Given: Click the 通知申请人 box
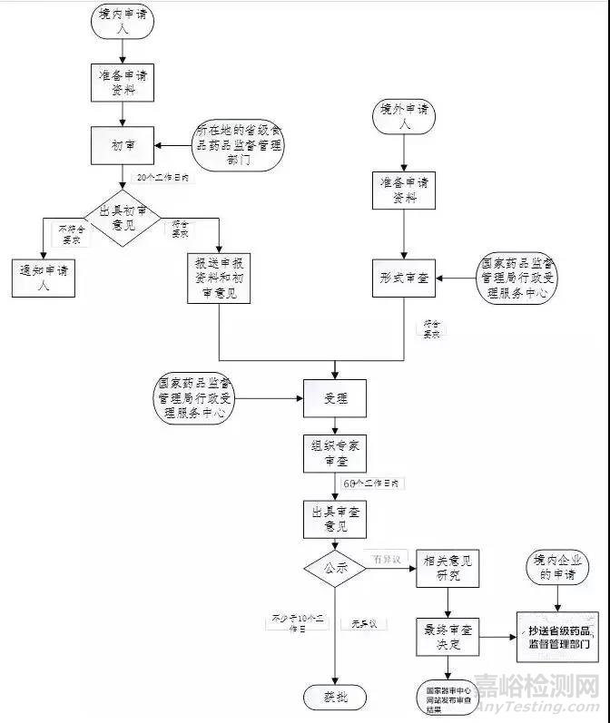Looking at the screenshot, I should click(x=44, y=278).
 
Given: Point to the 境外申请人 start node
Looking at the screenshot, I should click(x=405, y=117).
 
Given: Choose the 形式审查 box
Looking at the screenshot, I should click(x=405, y=278).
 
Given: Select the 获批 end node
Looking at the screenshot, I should click(x=335, y=697).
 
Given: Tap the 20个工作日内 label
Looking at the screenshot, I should click(x=163, y=177).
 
